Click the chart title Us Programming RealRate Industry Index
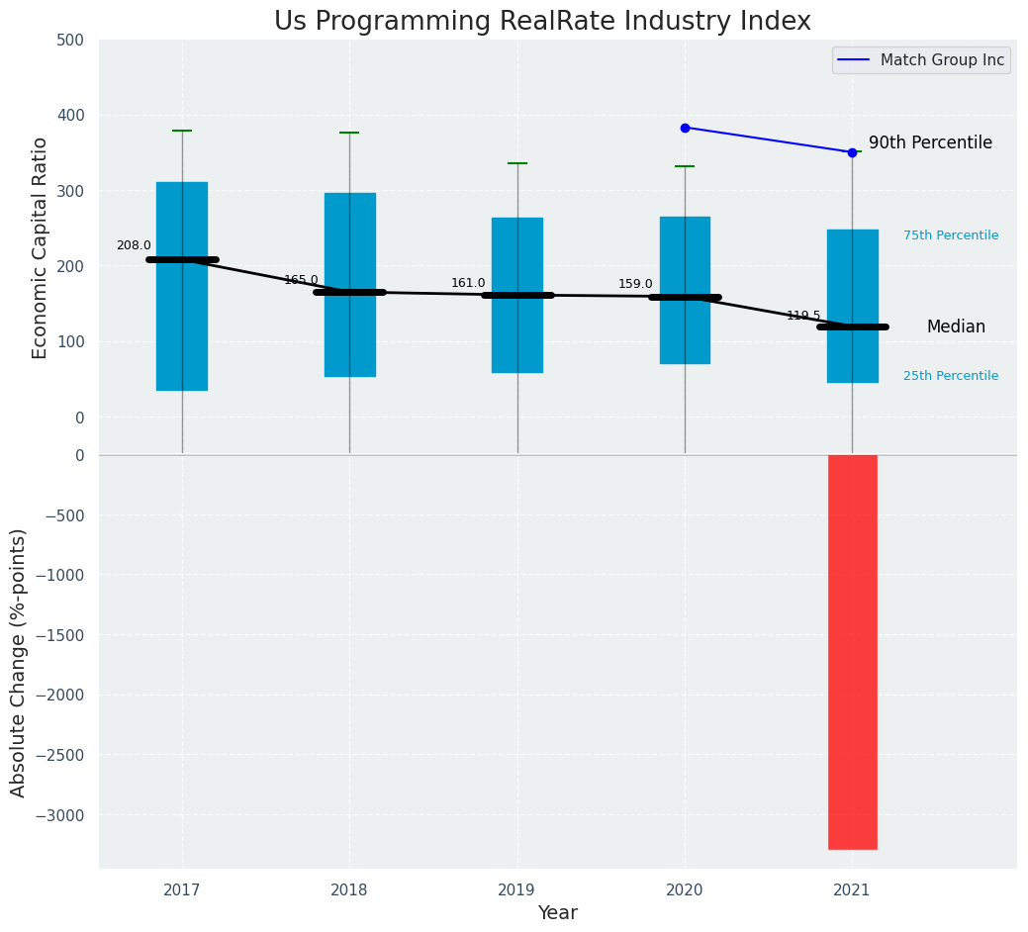[542, 22]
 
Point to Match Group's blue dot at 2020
[685, 128]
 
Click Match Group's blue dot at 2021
[852, 152]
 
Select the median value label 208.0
[134, 245]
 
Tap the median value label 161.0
[468, 283]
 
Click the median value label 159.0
[635, 284]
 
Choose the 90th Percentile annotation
[930, 142]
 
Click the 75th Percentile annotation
[951, 235]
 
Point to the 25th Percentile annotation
[951, 376]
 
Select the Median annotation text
[956, 326]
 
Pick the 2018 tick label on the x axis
[349, 889]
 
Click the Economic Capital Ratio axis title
[41, 247]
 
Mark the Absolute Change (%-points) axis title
[19, 662]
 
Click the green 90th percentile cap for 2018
[349, 133]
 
